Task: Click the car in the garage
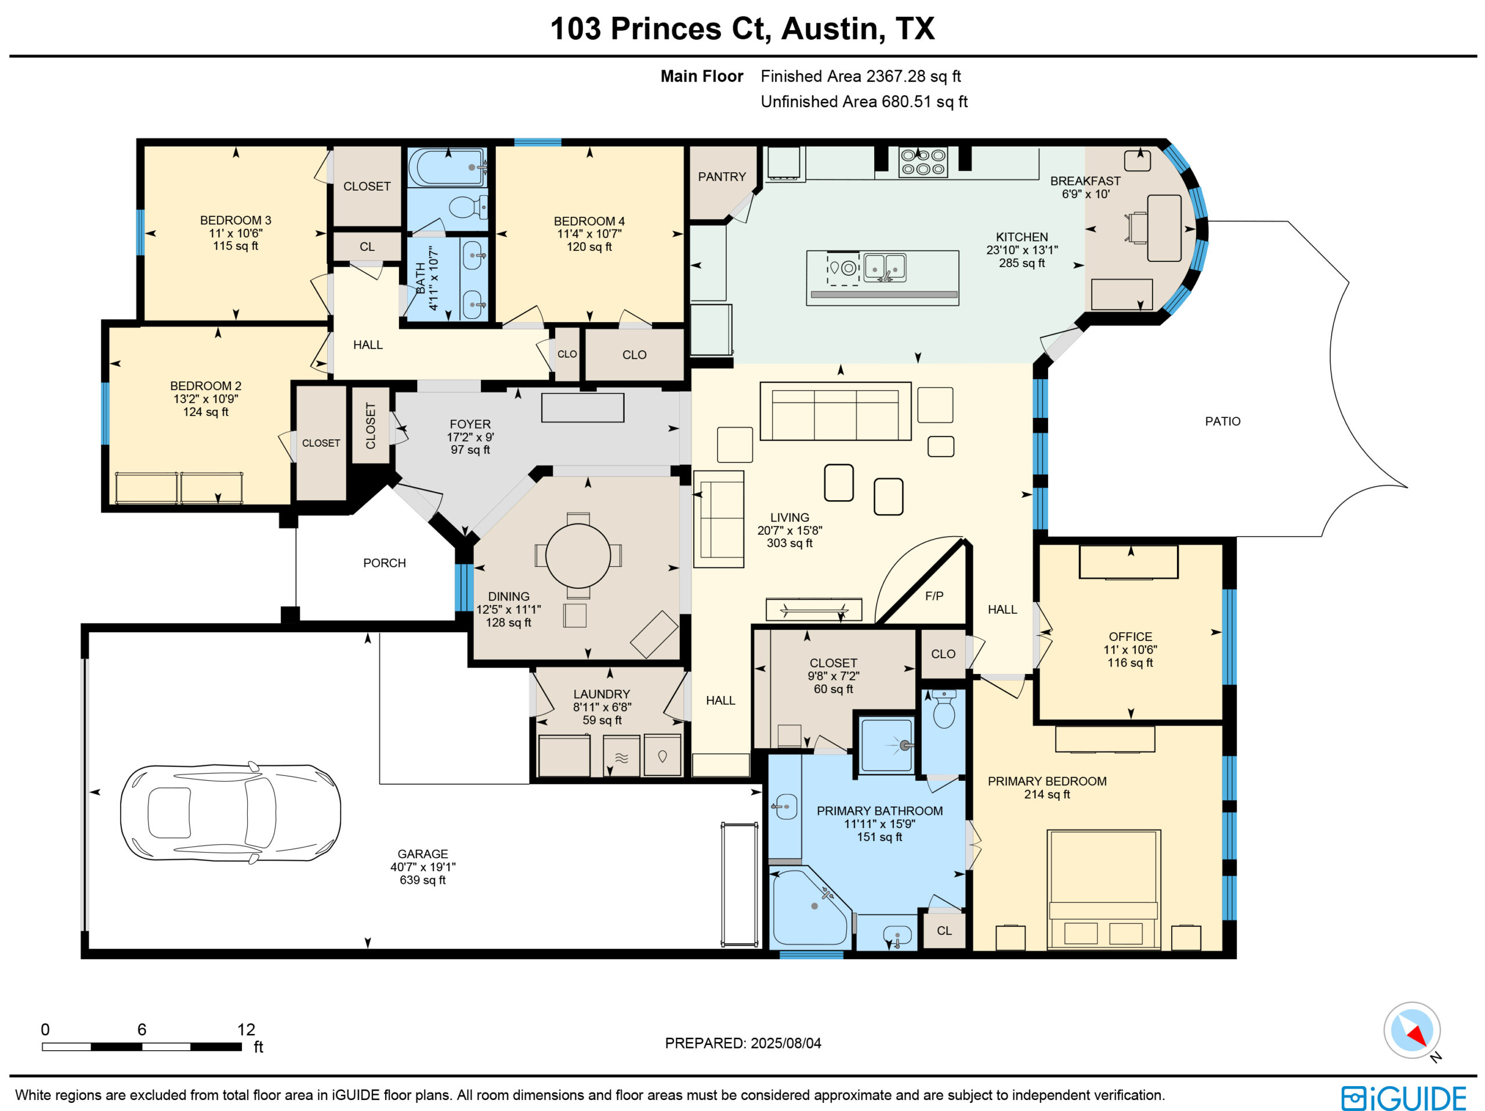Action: pos(230,813)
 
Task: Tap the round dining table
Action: pos(578,555)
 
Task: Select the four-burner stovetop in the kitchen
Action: pos(923,162)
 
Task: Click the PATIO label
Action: pos(1222,421)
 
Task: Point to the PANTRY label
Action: pos(722,176)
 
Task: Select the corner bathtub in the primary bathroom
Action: pos(810,907)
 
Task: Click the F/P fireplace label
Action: pos(934,596)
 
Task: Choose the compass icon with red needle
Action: pos(1412,1030)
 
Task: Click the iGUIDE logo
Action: pos(1403,1098)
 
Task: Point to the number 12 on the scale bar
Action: pos(246,1029)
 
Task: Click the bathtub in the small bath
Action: pos(445,167)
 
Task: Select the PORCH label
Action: pos(385,563)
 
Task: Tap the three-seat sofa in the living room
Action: pos(835,411)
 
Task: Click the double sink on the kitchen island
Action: pos(884,268)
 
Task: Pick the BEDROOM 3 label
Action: pos(236,220)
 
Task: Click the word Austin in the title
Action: pos(829,28)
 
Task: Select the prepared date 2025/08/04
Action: pos(785,1043)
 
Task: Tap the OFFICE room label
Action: pos(1131,637)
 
